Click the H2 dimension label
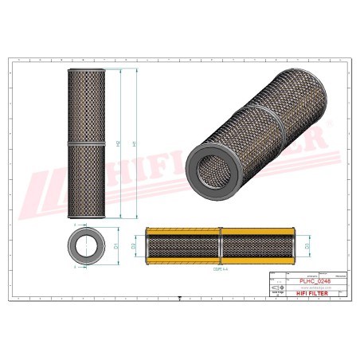118,143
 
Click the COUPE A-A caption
217,270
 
